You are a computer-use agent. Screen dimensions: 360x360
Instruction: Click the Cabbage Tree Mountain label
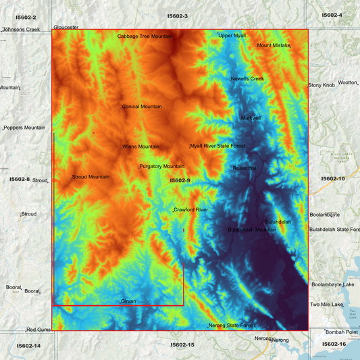(145, 36)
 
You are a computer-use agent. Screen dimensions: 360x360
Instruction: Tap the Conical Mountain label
(142, 107)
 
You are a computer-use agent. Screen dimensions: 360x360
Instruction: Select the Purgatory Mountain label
(161, 166)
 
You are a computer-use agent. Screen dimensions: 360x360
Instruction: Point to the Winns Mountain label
(141, 147)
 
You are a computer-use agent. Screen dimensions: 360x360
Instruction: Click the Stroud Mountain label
(91, 177)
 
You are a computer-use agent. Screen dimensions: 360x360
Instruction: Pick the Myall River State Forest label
(217, 146)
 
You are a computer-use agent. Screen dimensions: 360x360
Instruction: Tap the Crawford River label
(191, 210)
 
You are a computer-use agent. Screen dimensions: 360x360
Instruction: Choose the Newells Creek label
(247, 79)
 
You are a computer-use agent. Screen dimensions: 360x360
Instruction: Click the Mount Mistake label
(273, 46)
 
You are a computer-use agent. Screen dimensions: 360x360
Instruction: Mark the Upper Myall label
(232, 35)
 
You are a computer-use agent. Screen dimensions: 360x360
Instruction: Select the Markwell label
(251, 118)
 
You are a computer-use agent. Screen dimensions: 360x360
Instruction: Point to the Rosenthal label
(245, 168)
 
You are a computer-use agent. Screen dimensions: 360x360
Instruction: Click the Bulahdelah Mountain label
(252, 230)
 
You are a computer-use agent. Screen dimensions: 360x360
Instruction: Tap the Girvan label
(128, 301)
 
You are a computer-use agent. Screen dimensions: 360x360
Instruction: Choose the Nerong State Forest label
(232, 326)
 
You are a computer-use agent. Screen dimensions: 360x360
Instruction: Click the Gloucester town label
(66, 27)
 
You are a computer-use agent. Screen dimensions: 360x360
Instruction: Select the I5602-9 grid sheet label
(180, 180)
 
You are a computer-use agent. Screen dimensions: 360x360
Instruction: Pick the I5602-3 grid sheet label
(177, 16)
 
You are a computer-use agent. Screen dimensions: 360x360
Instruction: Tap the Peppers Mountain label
(25, 128)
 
